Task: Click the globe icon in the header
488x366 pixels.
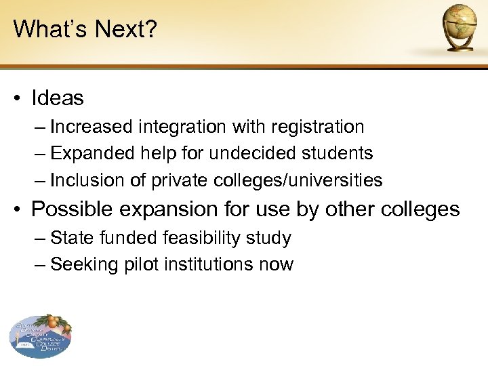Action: pos(459,26)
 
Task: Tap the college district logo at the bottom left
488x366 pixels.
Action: pos(41,336)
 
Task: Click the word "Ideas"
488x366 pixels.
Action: pos(58,99)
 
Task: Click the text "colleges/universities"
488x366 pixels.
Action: pos(298,181)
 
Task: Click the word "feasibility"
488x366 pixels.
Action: pos(201,239)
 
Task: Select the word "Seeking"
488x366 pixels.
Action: pos(77,265)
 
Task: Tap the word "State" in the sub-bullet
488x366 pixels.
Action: pos(69,239)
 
